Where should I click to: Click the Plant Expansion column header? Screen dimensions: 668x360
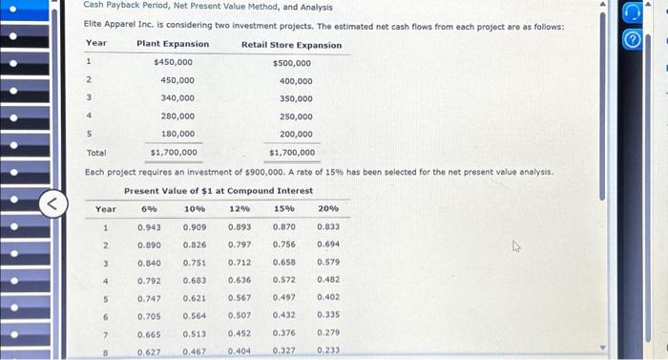[173, 44]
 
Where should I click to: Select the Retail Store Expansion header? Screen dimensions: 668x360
[291, 45]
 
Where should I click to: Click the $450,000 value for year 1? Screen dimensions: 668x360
[173, 62]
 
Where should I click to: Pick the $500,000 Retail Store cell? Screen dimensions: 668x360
[291, 63]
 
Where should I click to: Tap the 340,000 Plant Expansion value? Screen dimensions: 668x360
[177, 98]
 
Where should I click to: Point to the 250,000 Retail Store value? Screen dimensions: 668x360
[296, 116]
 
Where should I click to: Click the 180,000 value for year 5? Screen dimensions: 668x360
[177, 134]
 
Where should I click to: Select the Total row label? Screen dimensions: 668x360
[96, 152]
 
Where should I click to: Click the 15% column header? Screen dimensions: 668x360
[283, 208]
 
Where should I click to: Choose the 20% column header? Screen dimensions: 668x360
[328, 208]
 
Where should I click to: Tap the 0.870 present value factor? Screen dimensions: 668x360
[283, 226]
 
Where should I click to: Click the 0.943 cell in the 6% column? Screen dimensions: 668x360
[149, 226]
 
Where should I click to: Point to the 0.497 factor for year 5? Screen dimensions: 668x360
[283, 298]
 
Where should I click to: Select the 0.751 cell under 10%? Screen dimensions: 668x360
[194, 263]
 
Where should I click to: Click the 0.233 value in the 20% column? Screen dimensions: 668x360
[328, 351]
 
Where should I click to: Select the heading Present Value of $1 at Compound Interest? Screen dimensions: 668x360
[219, 190]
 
